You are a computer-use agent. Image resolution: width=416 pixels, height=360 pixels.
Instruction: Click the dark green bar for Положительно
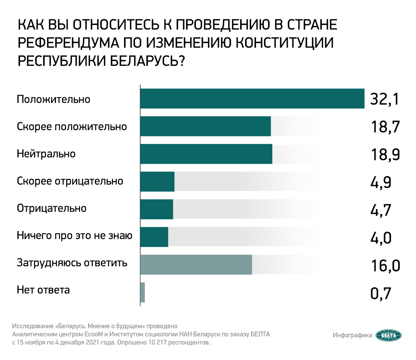tap(252, 99)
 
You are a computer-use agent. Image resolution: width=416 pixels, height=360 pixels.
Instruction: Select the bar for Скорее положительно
tap(205, 126)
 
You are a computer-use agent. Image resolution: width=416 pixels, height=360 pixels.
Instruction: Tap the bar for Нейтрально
tap(206, 154)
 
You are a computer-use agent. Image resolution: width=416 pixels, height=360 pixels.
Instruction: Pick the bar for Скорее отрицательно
tap(157, 182)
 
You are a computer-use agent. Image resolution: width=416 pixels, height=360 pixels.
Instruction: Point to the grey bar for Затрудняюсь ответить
tap(196, 264)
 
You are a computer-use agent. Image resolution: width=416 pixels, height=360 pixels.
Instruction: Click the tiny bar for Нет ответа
tap(143, 292)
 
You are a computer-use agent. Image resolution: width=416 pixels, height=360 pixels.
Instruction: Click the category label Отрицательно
tap(52, 208)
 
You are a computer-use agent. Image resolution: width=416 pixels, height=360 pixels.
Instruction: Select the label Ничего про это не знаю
tap(75, 236)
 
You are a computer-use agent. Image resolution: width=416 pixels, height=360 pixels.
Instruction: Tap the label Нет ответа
tap(43, 290)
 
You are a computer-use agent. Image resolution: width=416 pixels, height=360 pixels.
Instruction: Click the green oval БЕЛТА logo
tap(388, 335)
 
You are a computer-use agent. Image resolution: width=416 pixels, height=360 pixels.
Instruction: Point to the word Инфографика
tap(352, 335)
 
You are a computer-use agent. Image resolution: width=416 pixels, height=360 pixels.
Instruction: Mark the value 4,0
tap(380, 238)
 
